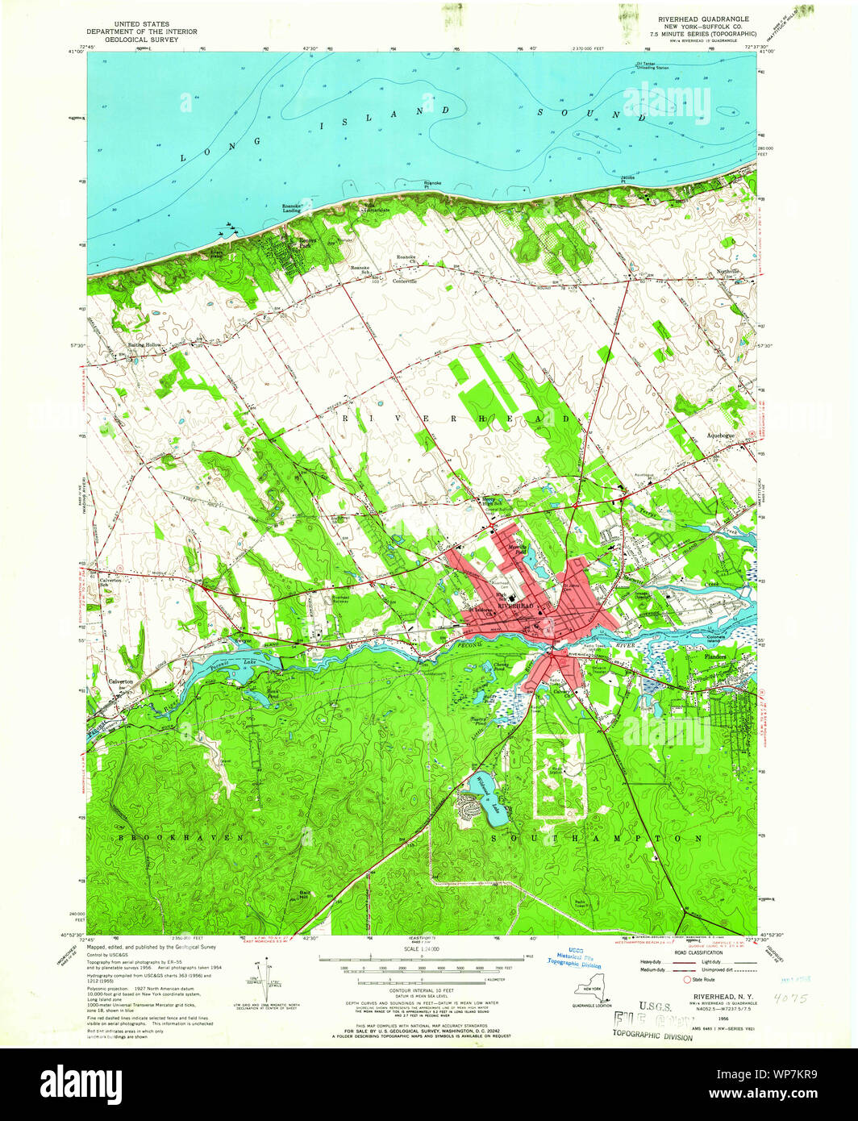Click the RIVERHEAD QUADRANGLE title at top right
click(x=703, y=19)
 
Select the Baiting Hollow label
click(x=144, y=345)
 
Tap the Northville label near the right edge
click(x=728, y=272)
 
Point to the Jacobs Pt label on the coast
click(x=629, y=181)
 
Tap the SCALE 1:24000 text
click(x=420, y=949)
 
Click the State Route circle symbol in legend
click(x=687, y=980)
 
